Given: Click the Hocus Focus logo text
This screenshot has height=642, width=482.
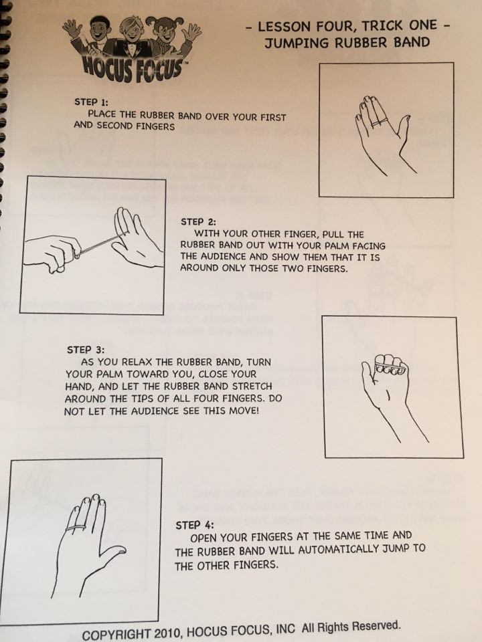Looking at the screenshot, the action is (x=132, y=68).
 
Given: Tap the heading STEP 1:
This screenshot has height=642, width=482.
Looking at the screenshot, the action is (x=91, y=102).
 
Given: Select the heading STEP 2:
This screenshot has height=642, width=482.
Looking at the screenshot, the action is (x=198, y=222).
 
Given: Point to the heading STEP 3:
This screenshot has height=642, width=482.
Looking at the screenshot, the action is (x=86, y=350).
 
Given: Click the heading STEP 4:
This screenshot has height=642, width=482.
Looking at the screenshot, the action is (x=195, y=525).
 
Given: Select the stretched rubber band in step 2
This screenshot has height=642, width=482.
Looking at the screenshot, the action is (x=99, y=245).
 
